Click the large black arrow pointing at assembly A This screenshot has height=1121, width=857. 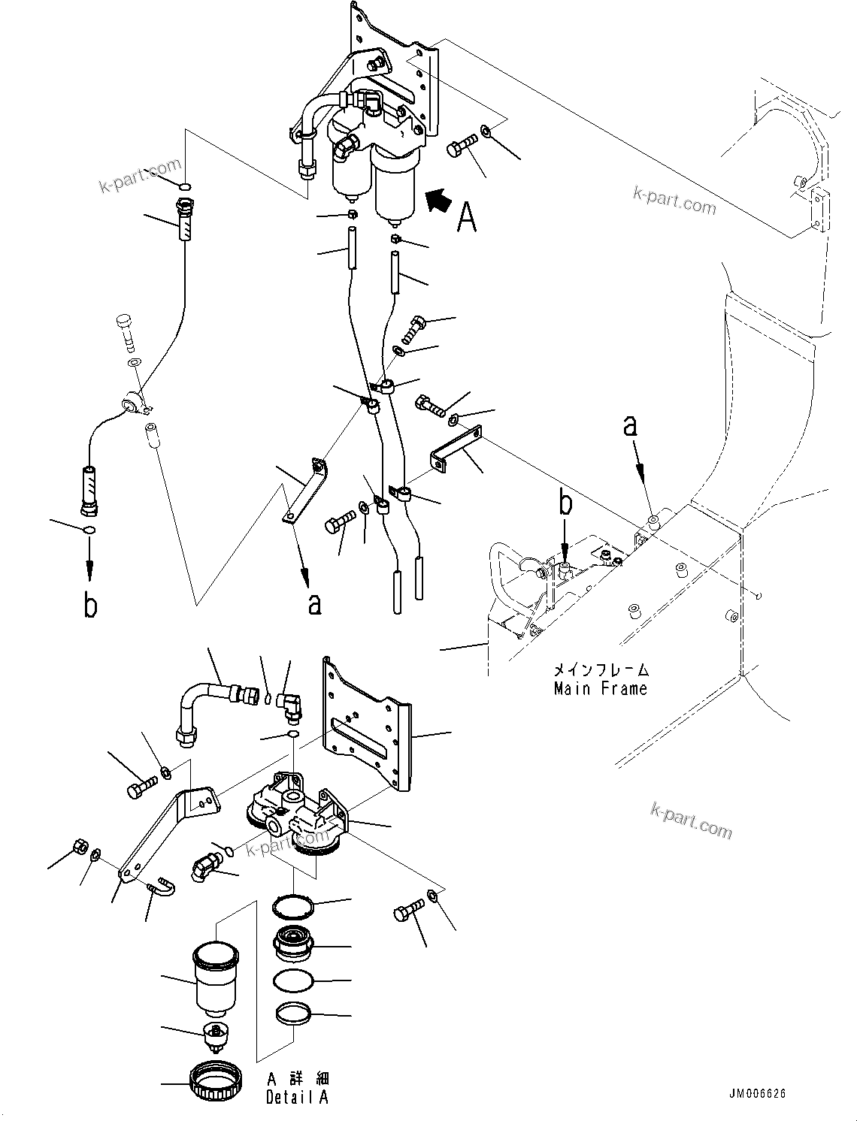(x=441, y=201)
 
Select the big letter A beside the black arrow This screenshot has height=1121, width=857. (x=467, y=218)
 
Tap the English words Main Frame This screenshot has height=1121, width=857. (x=600, y=688)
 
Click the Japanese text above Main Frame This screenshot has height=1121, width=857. (x=601, y=669)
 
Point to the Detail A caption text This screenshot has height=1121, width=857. (x=297, y=1098)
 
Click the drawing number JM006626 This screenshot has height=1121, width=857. (x=756, y=1094)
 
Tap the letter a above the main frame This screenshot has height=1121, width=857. (x=630, y=426)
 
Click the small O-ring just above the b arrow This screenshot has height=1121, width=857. (x=89, y=531)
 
